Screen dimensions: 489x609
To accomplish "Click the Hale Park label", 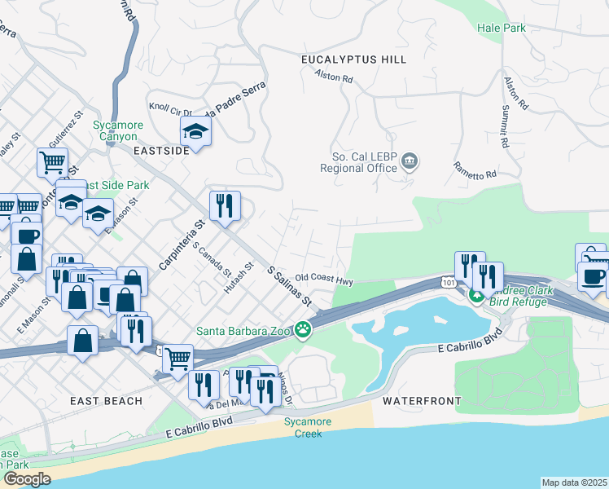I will click(x=502, y=28).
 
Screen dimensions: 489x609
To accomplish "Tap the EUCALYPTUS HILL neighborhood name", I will click(x=353, y=59).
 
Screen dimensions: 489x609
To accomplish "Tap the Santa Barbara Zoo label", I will click(x=243, y=331).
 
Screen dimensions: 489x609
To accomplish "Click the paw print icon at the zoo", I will click(x=303, y=330).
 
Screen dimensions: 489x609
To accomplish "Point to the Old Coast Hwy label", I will click(x=323, y=279).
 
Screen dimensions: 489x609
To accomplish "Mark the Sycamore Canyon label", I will click(x=118, y=130).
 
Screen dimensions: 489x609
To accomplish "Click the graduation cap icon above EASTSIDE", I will click(x=195, y=130).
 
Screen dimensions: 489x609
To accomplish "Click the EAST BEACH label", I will click(x=106, y=401).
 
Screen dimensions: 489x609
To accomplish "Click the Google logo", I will click(x=26, y=479).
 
